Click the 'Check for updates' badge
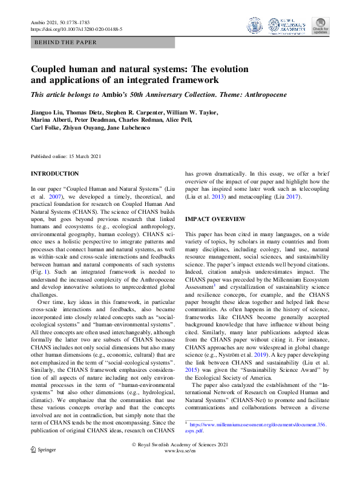pos(320,25)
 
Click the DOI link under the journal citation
pos(76,28)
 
